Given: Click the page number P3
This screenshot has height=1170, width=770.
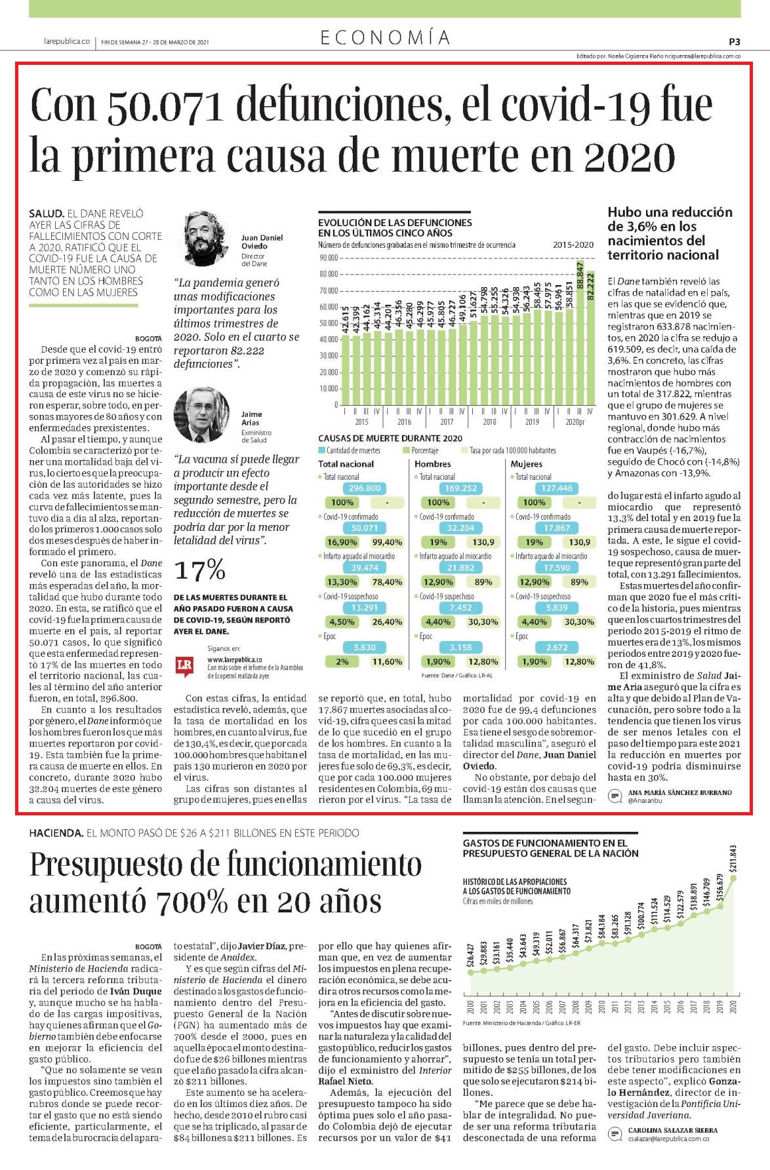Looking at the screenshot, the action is [x=735, y=41].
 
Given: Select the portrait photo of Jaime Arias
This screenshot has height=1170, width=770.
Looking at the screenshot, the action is [x=201, y=415].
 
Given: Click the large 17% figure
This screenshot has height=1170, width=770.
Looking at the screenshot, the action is [x=199, y=570].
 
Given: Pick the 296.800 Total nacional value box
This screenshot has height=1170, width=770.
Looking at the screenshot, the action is [x=365, y=488].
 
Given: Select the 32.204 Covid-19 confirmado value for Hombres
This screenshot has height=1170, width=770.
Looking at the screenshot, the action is [x=460, y=528].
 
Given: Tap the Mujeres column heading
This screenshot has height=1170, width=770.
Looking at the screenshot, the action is [x=526, y=464].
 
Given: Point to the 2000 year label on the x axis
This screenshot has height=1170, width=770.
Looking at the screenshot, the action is [x=470, y=1007].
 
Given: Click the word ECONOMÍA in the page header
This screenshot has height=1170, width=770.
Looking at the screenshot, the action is [x=385, y=38].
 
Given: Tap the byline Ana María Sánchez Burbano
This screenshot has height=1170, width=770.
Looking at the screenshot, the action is [x=679, y=792].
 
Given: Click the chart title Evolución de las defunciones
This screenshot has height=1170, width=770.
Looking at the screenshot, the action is [x=395, y=227].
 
